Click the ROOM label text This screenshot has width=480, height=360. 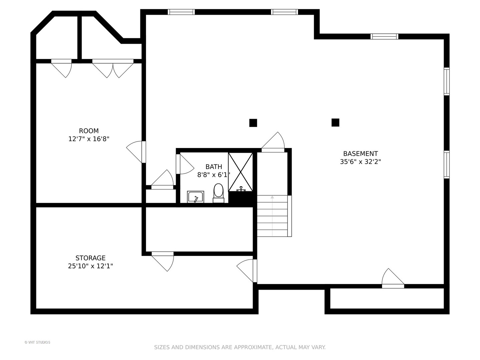[89, 131]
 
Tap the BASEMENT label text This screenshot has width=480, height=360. [360, 153]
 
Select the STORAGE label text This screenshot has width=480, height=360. [90, 258]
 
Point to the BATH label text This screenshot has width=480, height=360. [214, 167]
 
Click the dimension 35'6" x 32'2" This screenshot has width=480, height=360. [360, 162]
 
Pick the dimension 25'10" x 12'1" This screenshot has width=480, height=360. [90, 266]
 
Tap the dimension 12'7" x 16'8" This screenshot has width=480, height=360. [89, 139]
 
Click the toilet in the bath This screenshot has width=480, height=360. [218, 193]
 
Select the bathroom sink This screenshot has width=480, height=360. [195, 197]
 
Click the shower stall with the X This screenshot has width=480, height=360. [240, 172]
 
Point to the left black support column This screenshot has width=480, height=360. [253, 123]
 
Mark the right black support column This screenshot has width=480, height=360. [335, 123]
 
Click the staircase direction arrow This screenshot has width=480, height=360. [272, 216]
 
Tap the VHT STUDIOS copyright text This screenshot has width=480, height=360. [37, 342]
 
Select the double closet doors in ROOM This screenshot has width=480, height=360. [113, 68]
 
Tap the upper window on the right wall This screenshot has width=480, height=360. [447, 82]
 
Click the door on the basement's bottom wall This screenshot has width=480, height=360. [393, 278]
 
